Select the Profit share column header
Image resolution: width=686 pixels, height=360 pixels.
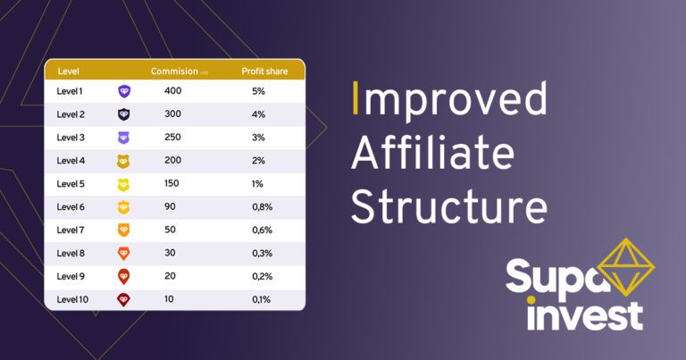264,71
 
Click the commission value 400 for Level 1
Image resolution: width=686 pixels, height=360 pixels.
172,91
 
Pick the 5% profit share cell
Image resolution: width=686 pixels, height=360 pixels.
258,91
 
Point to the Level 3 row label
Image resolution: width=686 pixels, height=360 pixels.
71,138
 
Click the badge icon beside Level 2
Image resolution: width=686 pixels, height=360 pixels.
124,114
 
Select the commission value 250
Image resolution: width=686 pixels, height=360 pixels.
172,138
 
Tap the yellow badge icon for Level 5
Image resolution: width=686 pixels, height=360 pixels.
124,184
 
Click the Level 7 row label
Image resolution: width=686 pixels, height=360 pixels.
71,230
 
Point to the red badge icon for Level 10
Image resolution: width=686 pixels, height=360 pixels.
124,300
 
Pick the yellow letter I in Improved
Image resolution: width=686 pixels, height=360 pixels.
356,99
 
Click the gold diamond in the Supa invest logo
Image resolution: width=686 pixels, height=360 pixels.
625,267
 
